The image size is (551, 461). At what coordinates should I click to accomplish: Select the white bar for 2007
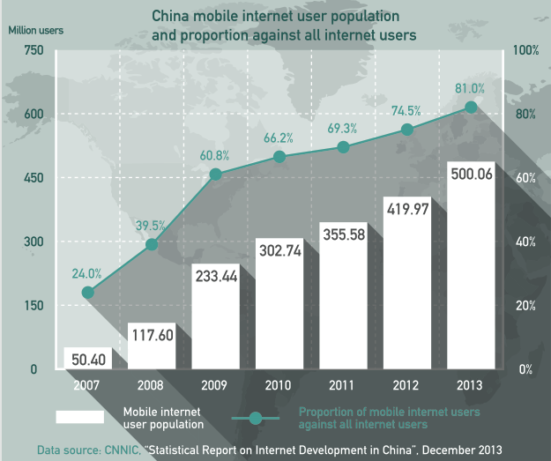click(x=88, y=359)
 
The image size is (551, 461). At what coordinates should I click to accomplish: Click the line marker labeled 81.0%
click(x=471, y=107)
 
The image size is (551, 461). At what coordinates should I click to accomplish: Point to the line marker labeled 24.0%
click(x=88, y=293)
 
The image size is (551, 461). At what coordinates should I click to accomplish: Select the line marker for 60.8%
click(x=216, y=174)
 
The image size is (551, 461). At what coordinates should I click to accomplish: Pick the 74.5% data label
click(x=406, y=111)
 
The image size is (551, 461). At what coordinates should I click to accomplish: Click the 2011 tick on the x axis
click(x=343, y=384)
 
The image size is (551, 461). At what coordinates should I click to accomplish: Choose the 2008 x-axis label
click(x=152, y=384)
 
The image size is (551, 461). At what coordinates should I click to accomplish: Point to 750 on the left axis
click(x=33, y=50)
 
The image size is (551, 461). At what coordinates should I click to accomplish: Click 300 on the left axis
click(x=33, y=242)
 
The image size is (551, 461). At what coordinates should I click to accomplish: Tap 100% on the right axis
click(x=525, y=50)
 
